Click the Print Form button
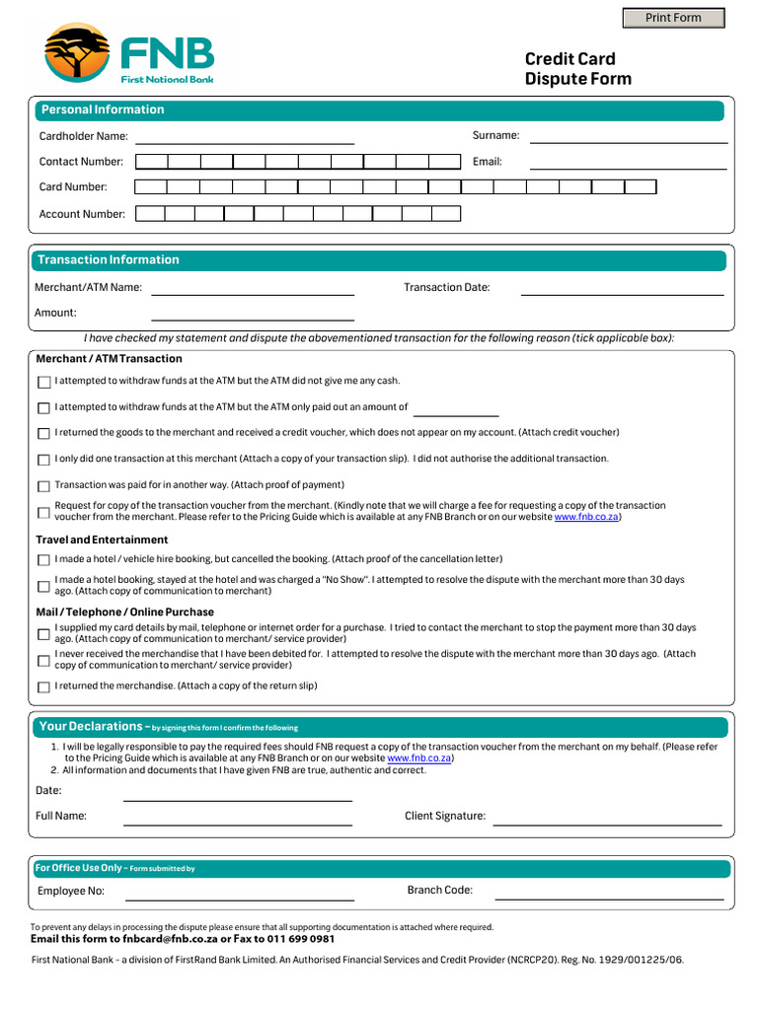[673, 18]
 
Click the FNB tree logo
[77, 53]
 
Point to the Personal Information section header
[103, 109]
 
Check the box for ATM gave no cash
[43, 382]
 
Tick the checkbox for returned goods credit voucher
[43, 434]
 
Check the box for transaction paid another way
[43, 486]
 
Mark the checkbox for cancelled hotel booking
[43, 560]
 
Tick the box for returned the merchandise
[43, 686]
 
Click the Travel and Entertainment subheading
[102, 540]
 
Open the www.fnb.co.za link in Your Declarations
[419, 758]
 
